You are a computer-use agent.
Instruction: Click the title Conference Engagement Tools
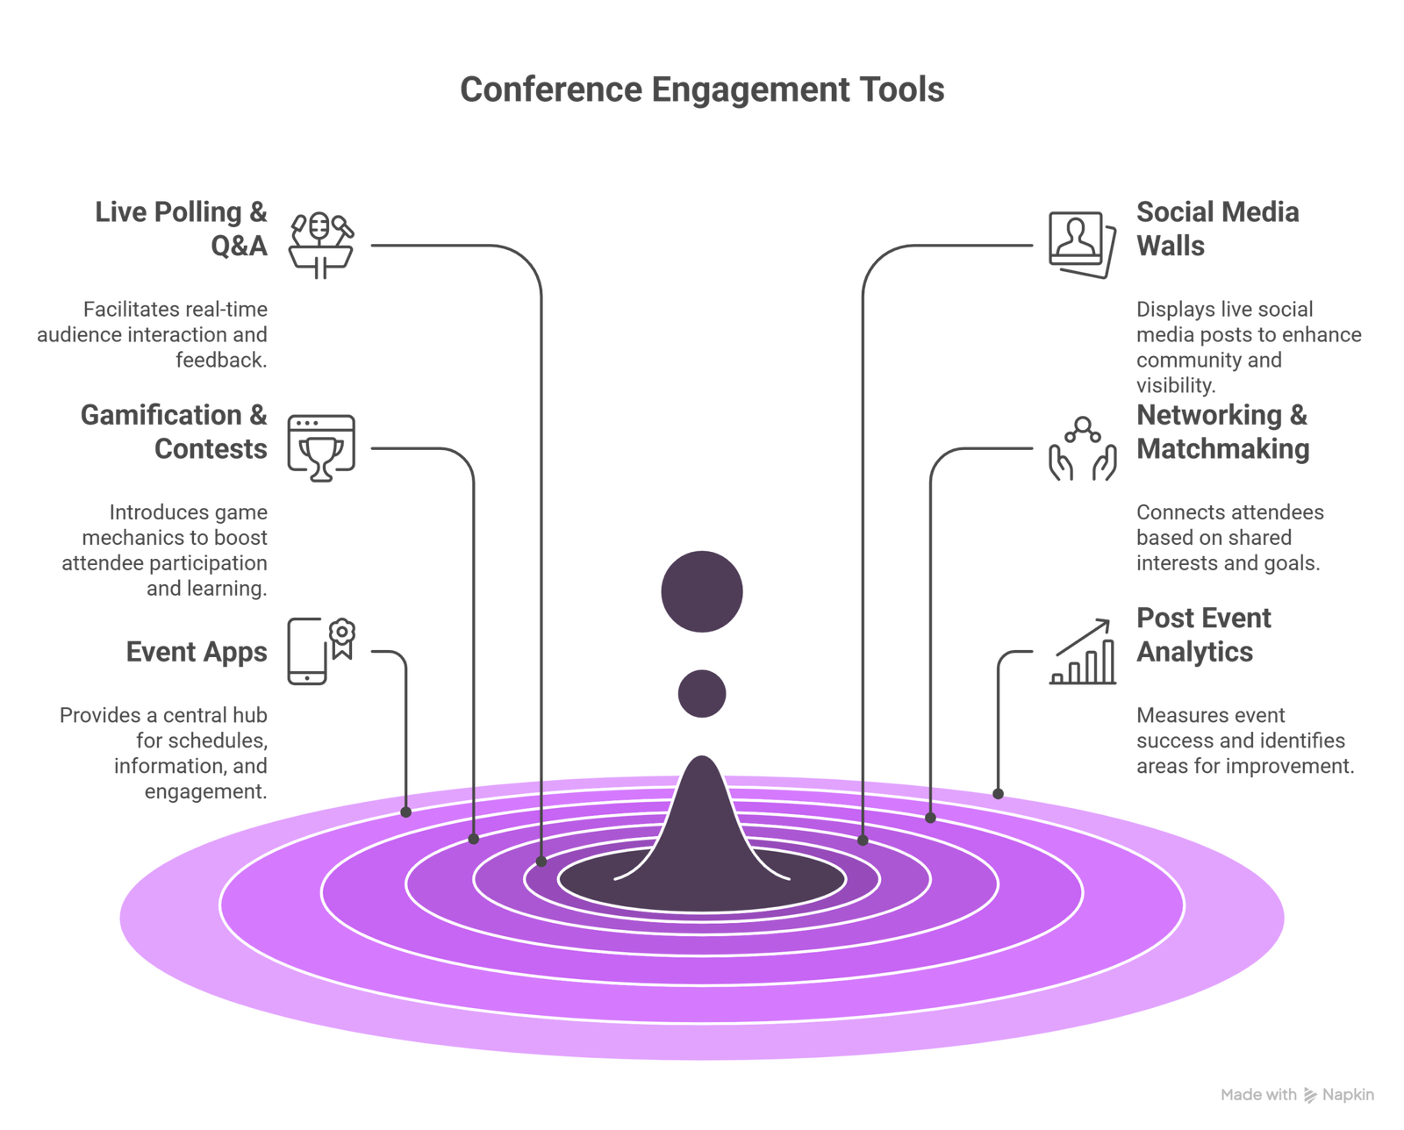[x=702, y=89]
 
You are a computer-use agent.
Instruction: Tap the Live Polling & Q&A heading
[x=182, y=228]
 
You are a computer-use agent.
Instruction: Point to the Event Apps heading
[x=197, y=652]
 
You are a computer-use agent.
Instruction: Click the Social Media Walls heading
[x=1217, y=228]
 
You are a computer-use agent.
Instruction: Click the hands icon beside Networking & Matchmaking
[x=1083, y=448]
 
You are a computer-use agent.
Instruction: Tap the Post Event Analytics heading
[x=1203, y=634]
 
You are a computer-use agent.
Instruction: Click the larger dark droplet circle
[x=702, y=590]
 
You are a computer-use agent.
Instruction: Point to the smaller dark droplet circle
[x=702, y=694]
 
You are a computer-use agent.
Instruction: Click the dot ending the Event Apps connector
[x=405, y=812]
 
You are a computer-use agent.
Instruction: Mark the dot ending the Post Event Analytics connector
[x=998, y=794]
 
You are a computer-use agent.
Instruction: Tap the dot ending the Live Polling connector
[x=541, y=862]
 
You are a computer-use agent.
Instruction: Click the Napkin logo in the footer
[x=1310, y=1095]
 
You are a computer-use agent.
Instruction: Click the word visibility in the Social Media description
[x=1175, y=385]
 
